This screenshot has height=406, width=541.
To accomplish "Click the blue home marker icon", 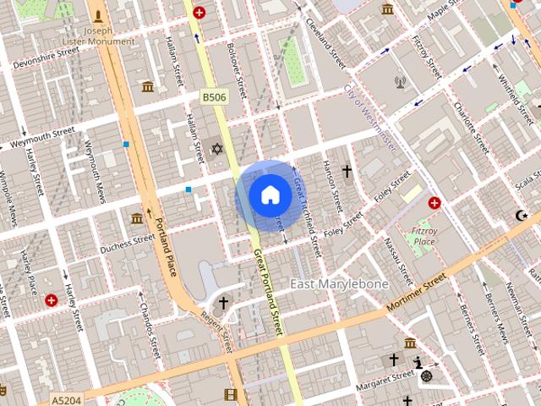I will (x=270, y=195).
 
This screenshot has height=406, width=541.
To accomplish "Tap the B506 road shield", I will (x=214, y=98).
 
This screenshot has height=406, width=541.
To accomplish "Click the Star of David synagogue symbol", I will (x=216, y=149).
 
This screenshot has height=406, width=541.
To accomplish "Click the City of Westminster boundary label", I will (x=370, y=118).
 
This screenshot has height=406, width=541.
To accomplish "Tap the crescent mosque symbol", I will (x=519, y=217).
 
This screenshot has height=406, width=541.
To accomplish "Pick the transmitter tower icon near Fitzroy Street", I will (x=400, y=83).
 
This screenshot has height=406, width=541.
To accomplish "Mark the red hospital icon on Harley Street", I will (x=52, y=299).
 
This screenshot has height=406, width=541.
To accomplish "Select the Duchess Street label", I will (x=128, y=244).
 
